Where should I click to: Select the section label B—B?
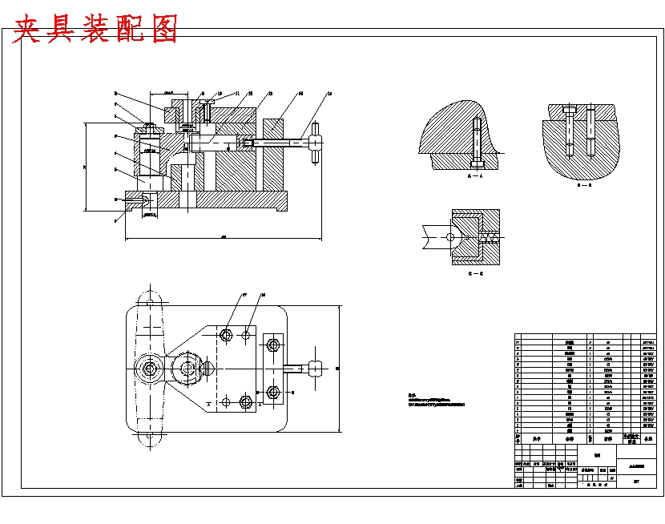click(583, 184)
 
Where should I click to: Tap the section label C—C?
click(474, 273)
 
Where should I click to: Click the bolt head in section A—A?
click(478, 121)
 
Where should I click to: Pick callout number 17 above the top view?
click(244, 295)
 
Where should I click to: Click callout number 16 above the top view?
click(262, 295)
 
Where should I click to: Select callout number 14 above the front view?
click(330, 94)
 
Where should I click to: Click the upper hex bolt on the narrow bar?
click(272, 345)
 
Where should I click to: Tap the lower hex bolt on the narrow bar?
click(272, 392)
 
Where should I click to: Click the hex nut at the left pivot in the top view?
click(151, 369)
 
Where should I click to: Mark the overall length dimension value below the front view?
click(223, 236)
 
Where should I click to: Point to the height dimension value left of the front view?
click(84, 167)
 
